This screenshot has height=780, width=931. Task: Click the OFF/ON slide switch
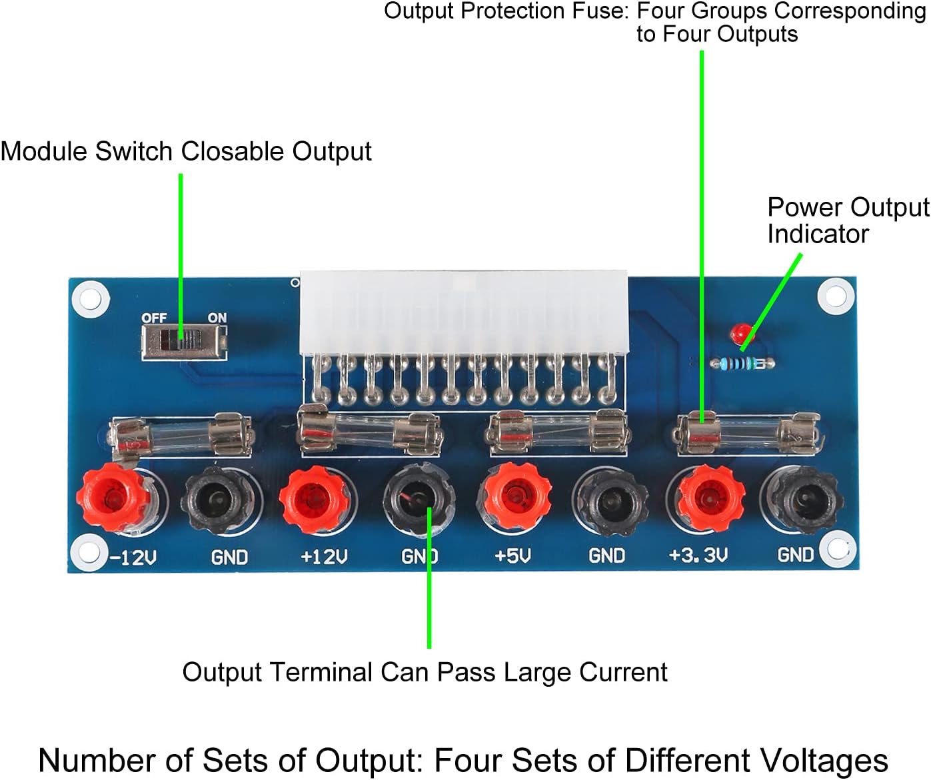(185, 342)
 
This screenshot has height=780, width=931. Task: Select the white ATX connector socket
(464, 313)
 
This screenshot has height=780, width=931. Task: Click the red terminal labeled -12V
(114, 498)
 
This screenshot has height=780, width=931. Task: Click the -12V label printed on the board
(133, 556)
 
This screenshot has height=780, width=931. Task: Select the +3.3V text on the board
(698, 555)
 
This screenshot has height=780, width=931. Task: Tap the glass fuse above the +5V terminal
(557, 433)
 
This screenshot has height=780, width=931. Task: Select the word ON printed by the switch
(217, 318)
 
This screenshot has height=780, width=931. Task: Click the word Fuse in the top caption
(604, 11)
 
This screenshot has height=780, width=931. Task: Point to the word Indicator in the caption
(818, 234)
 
